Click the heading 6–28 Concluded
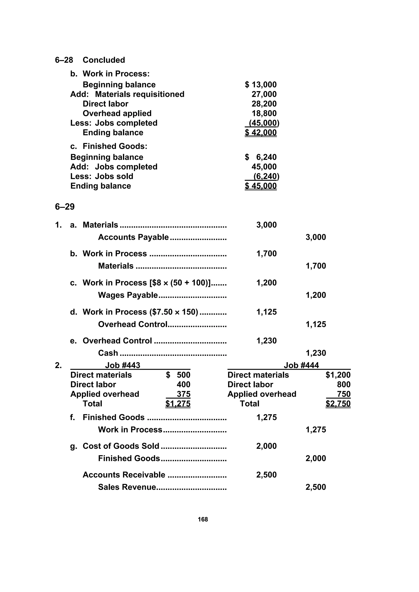(x=90, y=60)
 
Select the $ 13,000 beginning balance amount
(x=260, y=85)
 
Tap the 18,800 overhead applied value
(x=264, y=113)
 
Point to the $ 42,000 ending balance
(x=260, y=133)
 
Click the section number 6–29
(x=65, y=207)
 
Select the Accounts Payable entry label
(x=133, y=237)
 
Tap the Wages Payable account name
(x=128, y=295)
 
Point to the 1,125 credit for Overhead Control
(x=315, y=324)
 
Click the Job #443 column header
(x=123, y=365)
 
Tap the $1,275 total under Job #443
(x=178, y=404)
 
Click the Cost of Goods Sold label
(x=121, y=446)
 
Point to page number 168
(x=203, y=519)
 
